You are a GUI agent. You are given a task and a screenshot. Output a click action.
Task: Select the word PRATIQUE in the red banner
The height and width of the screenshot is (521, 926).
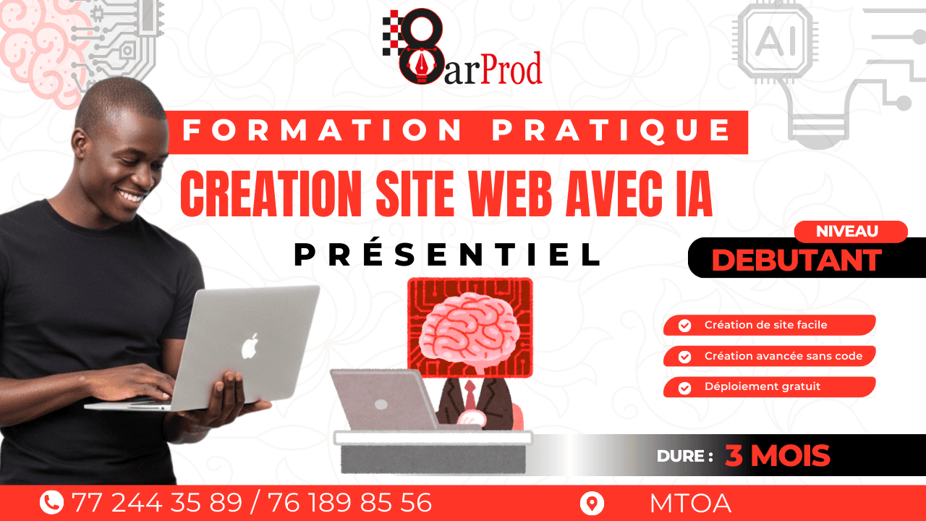pyautogui.click(x=612, y=131)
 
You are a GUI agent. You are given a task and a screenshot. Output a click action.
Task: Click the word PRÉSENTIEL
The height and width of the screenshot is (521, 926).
pyautogui.click(x=448, y=254)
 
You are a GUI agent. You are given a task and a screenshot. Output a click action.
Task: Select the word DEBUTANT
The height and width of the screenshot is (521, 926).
pyautogui.click(x=797, y=260)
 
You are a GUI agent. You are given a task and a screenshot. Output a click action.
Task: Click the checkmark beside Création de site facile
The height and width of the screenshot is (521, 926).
pyautogui.click(x=684, y=326)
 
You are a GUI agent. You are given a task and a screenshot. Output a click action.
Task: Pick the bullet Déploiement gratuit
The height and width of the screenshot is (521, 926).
pyautogui.click(x=762, y=386)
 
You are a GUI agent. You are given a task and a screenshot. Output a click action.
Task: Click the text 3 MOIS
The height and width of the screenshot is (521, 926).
pyautogui.click(x=777, y=456)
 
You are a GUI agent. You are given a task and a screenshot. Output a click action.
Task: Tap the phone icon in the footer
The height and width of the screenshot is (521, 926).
pyautogui.click(x=51, y=502)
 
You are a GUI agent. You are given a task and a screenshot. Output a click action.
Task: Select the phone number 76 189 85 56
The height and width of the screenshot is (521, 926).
pyautogui.click(x=349, y=502)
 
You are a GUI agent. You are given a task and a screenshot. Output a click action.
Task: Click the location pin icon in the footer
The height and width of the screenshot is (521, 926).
pyautogui.click(x=592, y=503)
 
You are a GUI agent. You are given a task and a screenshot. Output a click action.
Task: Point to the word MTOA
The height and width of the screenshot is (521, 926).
pyautogui.click(x=689, y=503)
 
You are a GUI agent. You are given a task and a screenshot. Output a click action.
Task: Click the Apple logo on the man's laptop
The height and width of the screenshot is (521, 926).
pyautogui.click(x=250, y=347)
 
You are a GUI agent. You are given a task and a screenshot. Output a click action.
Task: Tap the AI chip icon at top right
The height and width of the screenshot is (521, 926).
pyautogui.click(x=775, y=41)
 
